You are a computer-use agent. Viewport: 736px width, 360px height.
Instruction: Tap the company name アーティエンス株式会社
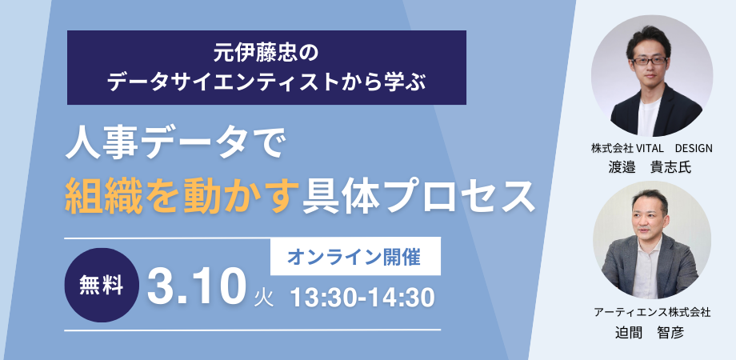point(652,310)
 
